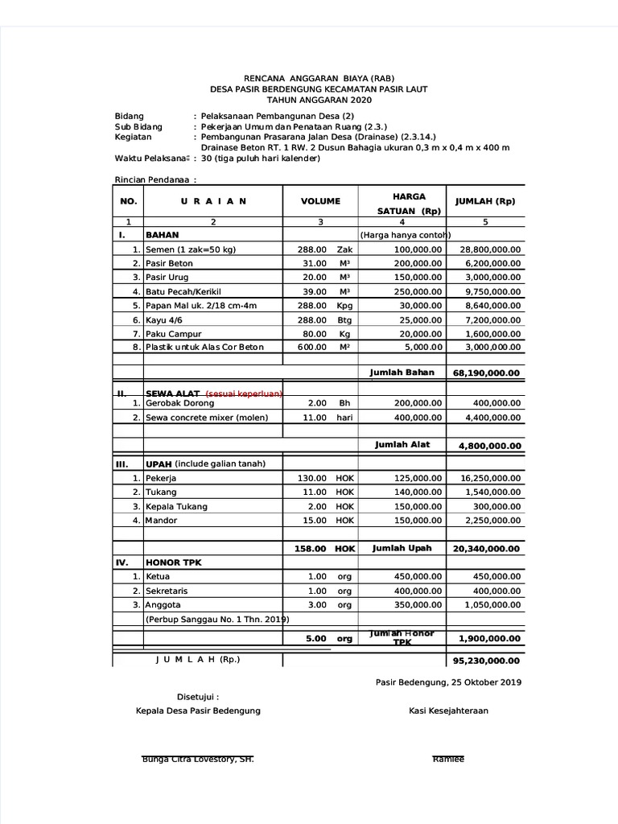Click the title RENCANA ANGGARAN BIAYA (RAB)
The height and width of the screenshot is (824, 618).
tap(319, 78)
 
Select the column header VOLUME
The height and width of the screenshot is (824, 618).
tap(320, 201)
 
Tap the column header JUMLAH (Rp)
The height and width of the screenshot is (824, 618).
tap(484, 201)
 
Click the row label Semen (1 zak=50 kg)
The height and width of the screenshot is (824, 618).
tap(191, 249)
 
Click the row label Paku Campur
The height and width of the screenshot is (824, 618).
tap(173, 333)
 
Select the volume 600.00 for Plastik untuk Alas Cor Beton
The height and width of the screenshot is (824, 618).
tap(311, 347)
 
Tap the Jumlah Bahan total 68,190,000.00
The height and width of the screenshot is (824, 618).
tap(487, 373)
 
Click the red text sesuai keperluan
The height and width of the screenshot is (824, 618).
tap(244, 393)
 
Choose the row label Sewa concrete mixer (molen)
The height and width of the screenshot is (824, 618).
tap(207, 417)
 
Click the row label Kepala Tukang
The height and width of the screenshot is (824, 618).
tap(176, 506)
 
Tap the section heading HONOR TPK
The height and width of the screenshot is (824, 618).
tap(174, 562)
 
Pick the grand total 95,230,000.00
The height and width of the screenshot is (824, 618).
tap(487, 661)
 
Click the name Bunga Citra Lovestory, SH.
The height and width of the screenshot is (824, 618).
tap(198, 760)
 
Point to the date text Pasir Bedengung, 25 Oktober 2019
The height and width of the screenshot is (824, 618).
tap(448, 682)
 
